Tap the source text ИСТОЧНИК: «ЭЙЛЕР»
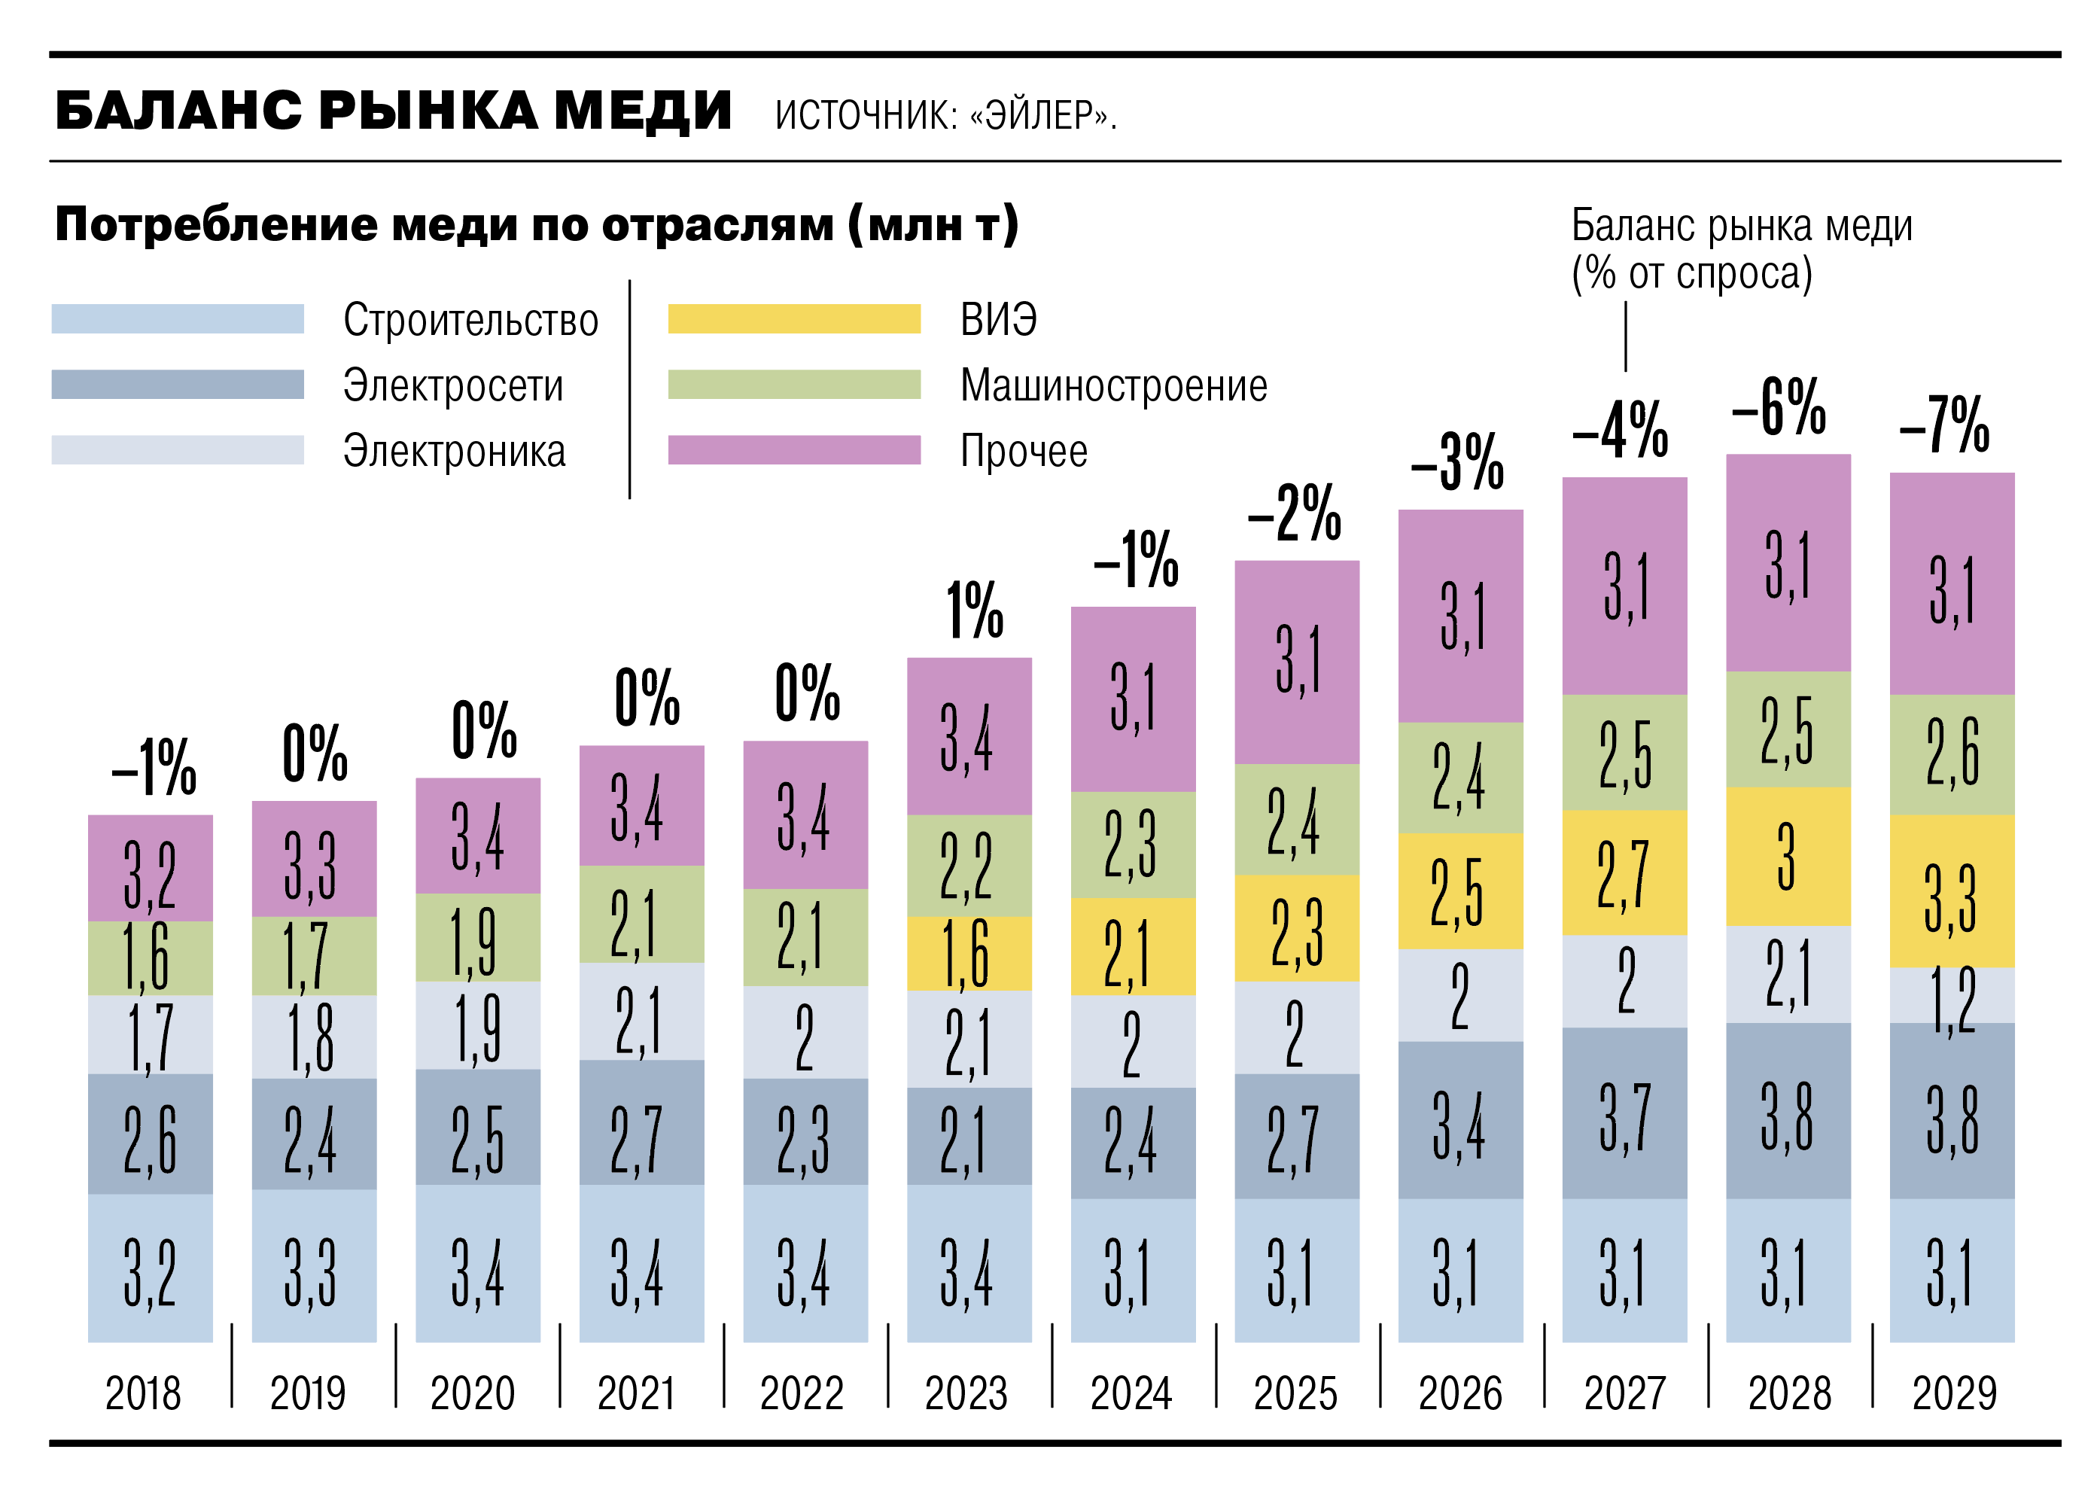point(945,115)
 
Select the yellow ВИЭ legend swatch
point(793,318)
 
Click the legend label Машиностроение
point(1112,385)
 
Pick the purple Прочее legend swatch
point(793,449)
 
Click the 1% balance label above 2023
point(973,610)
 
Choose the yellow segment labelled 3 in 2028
point(1787,855)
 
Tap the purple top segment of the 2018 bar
point(151,867)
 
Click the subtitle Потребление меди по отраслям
point(537,224)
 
